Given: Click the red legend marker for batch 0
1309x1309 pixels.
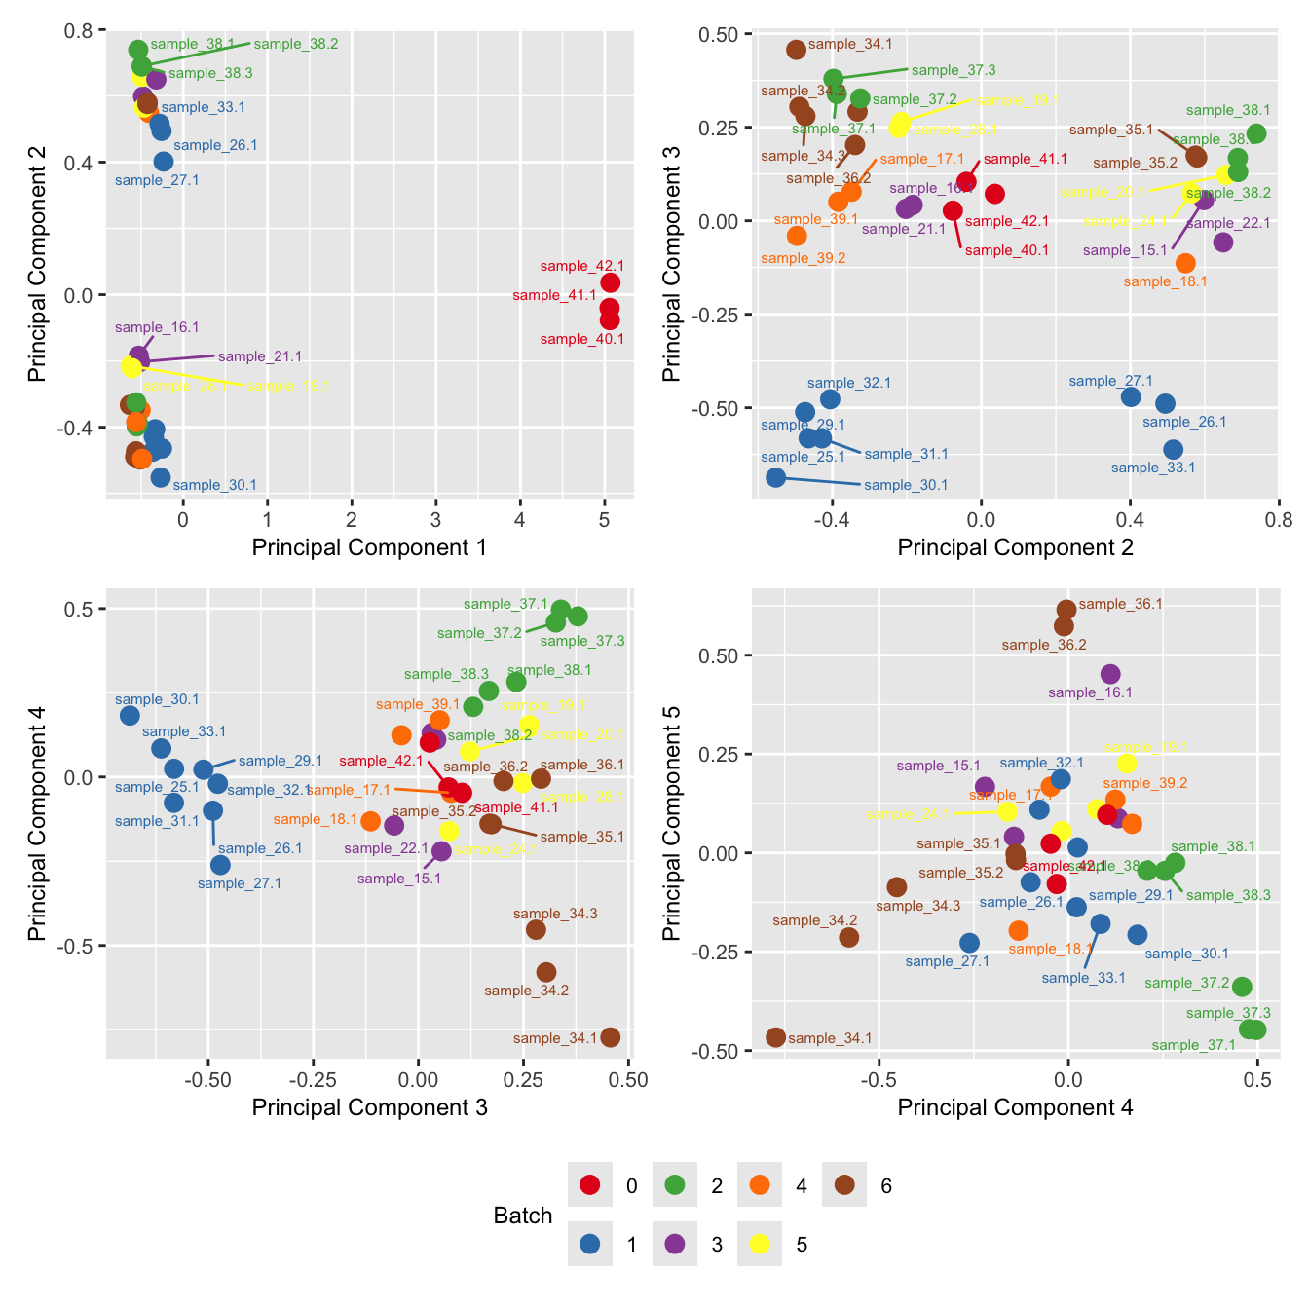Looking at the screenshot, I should point(590,1185).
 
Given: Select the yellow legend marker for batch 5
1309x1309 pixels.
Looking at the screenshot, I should point(760,1244).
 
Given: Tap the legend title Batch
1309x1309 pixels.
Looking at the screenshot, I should point(523,1215).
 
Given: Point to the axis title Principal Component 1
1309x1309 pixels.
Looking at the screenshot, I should point(369,547).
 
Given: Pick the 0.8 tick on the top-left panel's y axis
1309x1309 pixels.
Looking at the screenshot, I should point(79,31).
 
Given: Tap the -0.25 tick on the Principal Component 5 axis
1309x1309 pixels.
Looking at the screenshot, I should point(718,953).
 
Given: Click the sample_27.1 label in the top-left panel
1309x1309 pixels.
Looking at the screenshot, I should point(157,180).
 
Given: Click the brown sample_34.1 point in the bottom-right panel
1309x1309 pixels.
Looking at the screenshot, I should point(775,1037).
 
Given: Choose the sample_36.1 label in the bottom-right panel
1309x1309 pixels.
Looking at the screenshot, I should point(1121,604).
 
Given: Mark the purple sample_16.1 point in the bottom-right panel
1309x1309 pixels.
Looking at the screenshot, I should point(1110,674).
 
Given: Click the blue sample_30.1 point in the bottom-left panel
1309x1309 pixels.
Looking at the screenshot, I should point(130,716).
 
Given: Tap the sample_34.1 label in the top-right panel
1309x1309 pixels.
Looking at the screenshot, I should point(850,44).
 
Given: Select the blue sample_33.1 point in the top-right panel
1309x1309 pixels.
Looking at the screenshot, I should point(1173,449).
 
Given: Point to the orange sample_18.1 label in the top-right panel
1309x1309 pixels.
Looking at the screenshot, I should point(1165,281).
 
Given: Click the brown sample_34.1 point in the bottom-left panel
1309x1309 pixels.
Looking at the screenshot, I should point(611,1037).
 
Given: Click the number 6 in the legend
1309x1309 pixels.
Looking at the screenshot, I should point(886,1186).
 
